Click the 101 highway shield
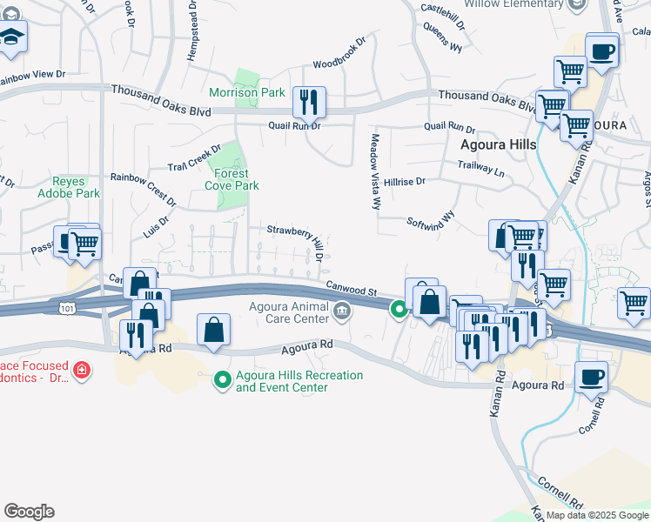point(67,308)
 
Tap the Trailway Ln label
point(480,166)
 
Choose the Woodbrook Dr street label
point(340,52)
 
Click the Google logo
point(29,511)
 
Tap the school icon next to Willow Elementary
point(575,5)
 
